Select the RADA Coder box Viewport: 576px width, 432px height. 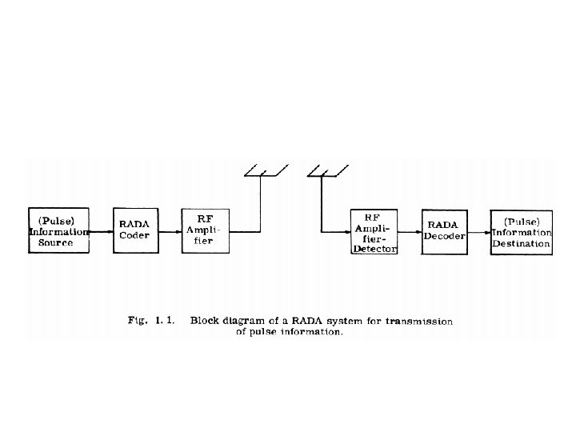point(134,231)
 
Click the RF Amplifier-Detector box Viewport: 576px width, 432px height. point(374,232)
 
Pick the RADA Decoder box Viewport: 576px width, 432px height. point(444,231)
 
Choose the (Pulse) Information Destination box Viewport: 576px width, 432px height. point(521,232)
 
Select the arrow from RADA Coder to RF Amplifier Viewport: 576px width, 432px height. point(169,231)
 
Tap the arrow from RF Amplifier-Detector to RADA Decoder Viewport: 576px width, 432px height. point(410,231)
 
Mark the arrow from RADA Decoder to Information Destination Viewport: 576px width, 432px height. point(478,231)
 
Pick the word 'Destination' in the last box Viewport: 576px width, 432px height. point(521,243)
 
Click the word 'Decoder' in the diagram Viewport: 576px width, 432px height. point(444,237)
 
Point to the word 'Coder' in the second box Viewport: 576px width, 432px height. point(134,237)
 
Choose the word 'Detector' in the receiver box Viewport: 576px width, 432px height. point(374,250)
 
